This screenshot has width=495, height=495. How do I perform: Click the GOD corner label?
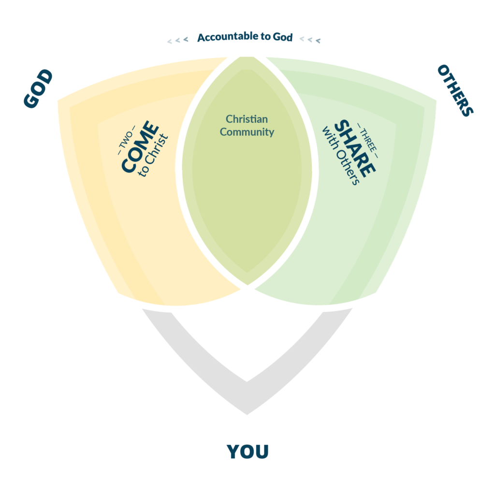click(38, 89)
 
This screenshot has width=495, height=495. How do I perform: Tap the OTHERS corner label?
click(455, 90)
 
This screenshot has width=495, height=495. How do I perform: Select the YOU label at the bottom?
click(247, 451)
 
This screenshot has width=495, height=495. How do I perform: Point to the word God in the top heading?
click(282, 37)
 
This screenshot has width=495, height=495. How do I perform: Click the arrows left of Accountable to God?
click(177, 40)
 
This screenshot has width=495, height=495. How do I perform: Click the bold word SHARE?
click(354, 148)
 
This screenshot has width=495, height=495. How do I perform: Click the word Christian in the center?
click(247, 119)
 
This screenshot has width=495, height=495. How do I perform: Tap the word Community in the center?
click(247, 131)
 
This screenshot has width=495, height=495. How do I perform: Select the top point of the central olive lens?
click(247, 58)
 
